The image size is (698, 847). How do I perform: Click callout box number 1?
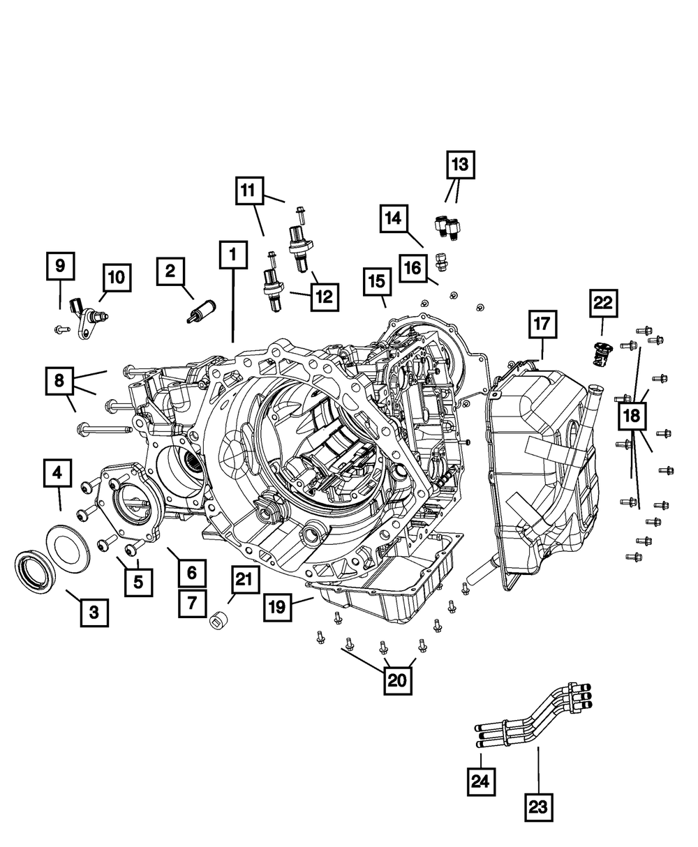pyautogui.click(x=233, y=255)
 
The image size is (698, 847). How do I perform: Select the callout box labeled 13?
pyautogui.click(x=461, y=165)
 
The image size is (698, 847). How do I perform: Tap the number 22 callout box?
pyautogui.click(x=604, y=303)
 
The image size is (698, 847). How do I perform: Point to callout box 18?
pyautogui.click(x=632, y=416)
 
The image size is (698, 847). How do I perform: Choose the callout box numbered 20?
pyautogui.click(x=398, y=680)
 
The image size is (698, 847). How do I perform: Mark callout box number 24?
pyautogui.click(x=481, y=781)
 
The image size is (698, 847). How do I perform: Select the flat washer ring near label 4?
pyautogui.click(x=68, y=543)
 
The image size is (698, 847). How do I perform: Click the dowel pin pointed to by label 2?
pyautogui.click(x=202, y=311)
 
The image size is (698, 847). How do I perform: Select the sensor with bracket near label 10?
pyautogui.click(x=88, y=320)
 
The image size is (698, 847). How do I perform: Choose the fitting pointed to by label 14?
pyautogui.click(x=441, y=262)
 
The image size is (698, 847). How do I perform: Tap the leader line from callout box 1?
pyautogui.click(x=233, y=306)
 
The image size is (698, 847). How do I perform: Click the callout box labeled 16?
pyautogui.click(x=413, y=268)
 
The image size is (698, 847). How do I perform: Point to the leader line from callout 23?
pyautogui.click(x=539, y=770)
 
